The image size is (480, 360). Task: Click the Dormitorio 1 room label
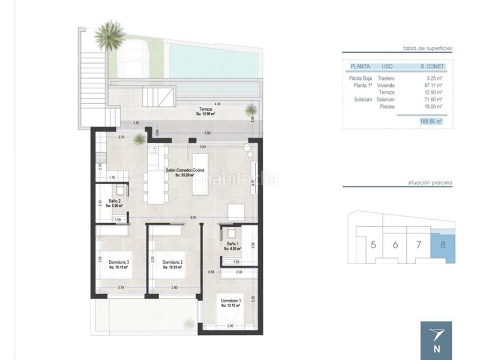[x=230, y=300]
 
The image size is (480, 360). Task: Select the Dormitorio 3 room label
[x=119, y=262]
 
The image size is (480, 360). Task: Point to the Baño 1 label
[x=231, y=244]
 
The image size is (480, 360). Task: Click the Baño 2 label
[x=116, y=202]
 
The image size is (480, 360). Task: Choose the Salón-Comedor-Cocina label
[x=186, y=171]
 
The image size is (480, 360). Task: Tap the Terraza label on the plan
[x=206, y=109]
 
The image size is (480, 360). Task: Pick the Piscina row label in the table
[x=387, y=106]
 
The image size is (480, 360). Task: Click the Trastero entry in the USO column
[x=386, y=78]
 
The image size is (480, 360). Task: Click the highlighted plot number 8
[x=442, y=245]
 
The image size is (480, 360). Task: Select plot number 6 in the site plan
[x=395, y=245]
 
